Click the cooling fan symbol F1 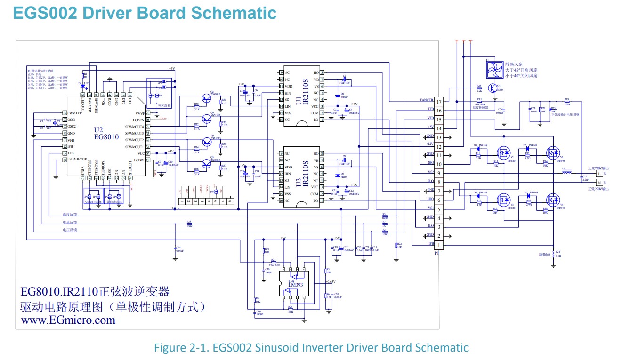pyautogui.click(x=494, y=69)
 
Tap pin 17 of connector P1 pyautogui.click(x=438, y=102)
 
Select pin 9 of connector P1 pyautogui.click(x=438, y=173)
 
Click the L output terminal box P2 pyautogui.click(x=599, y=174)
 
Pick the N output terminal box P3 pyautogui.click(x=599, y=182)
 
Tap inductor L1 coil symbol pyautogui.click(x=566, y=172)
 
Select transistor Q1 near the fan pyautogui.click(x=493, y=88)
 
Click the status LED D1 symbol pyautogui.click(x=84, y=85)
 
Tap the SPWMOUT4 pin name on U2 pyautogui.click(x=135, y=127)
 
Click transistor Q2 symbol pyautogui.click(x=207, y=98)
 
